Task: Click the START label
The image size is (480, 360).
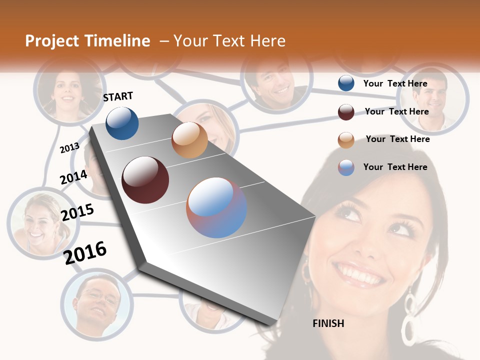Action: tap(118, 96)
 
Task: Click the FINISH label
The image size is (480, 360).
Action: tap(328, 323)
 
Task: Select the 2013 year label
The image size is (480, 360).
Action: tap(70, 147)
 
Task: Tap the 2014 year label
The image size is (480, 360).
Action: tap(74, 177)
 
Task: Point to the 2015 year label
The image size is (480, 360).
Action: tap(77, 212)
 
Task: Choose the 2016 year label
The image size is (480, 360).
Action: tap(85, 252)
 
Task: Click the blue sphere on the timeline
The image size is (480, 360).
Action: tap(122, 123)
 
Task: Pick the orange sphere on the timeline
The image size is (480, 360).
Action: tap(189, 140)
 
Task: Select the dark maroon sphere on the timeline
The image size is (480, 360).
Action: tap(145, 180)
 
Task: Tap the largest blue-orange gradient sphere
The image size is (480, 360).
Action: tap(216, 207)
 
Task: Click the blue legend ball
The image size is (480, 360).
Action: tap(346, 83)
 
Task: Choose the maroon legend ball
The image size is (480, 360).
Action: tap(346, 112)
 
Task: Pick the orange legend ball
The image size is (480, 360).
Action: tap(346, 140)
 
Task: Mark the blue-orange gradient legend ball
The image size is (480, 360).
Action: tap(346, 167)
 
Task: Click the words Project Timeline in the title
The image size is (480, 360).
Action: tap(87, 41)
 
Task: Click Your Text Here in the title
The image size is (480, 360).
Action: tap(229, 41)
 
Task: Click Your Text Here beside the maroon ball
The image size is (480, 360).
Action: tap(396, 111)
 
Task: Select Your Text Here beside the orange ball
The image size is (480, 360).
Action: tap(397, 139)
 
